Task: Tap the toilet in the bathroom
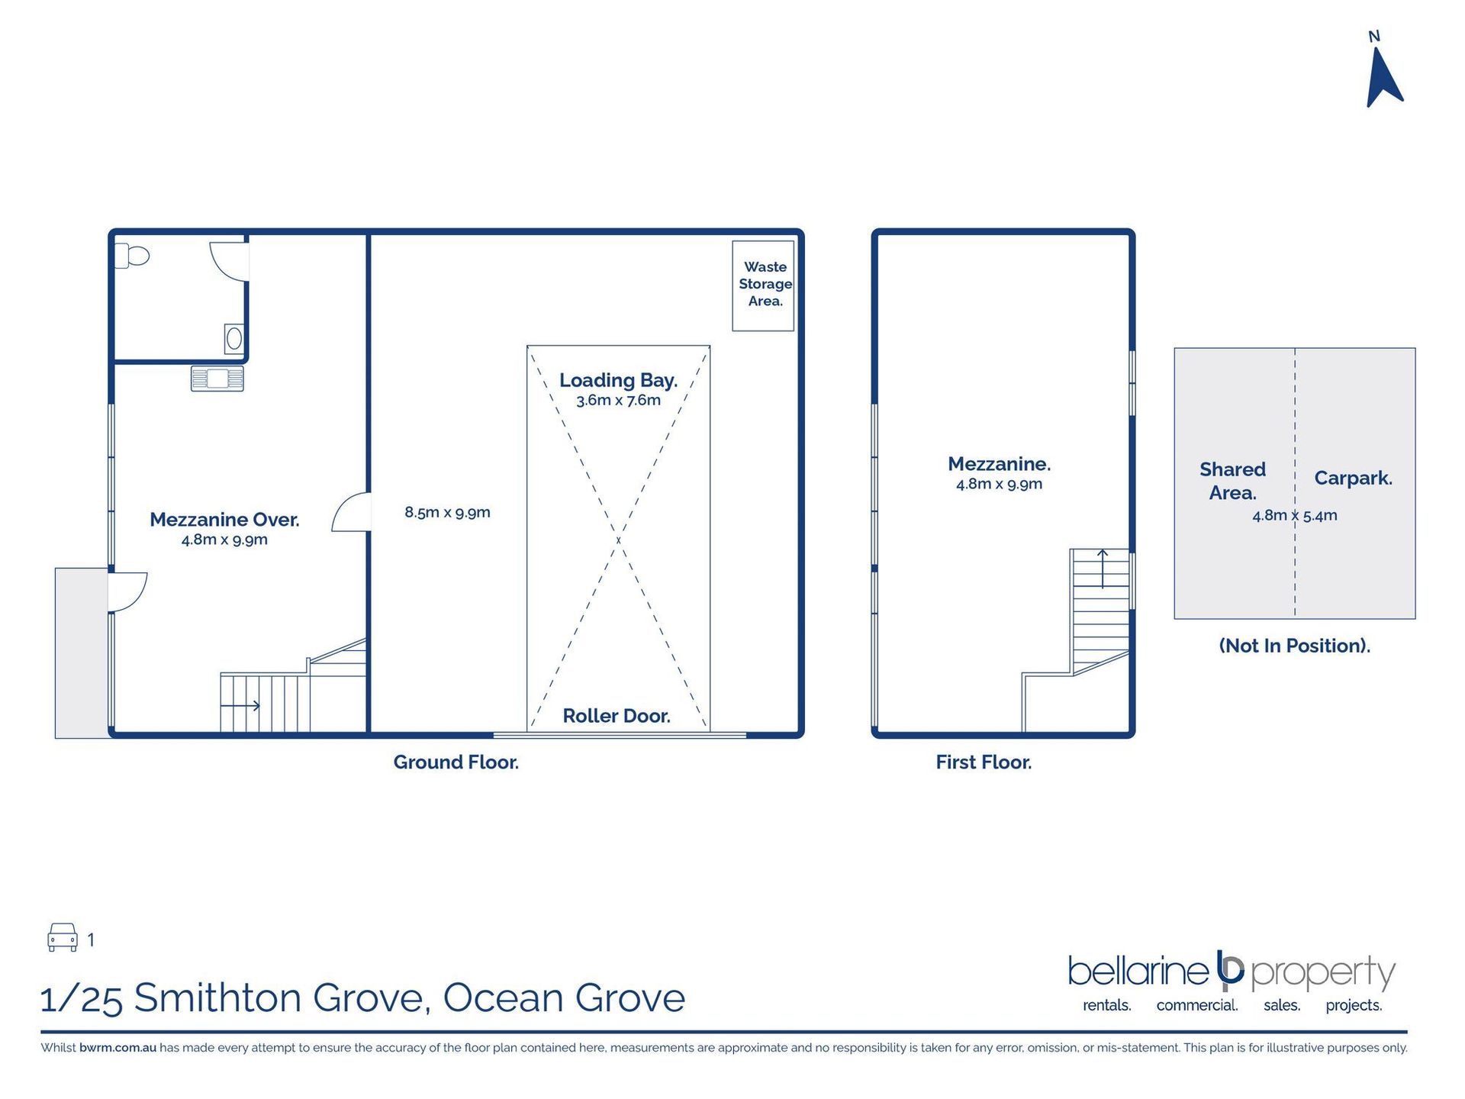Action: click(x=132, y=256)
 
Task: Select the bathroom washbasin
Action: click(x=233, y=338)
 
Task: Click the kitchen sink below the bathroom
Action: click(x=217, y=379)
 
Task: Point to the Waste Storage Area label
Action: click(x=765, y=284)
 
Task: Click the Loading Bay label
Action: click(x=618, y=380)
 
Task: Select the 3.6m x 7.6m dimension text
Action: click(x=618, y=400)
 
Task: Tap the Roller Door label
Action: click(x=617, y=716)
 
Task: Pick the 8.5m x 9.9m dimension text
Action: click(x=447, y=512)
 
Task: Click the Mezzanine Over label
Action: click(x=224, y=520)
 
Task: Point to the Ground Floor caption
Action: click(x=456, y=762)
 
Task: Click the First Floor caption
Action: click(x=984, y=762)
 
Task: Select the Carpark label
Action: click(x=1353, y=479)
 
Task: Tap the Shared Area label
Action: click(x=1232, y=481)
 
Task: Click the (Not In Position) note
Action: click(x=1295, y=646)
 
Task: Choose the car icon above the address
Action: click(x=63, y=937)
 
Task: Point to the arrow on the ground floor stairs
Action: click(x=240, y=705)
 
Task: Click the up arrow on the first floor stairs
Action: click(x=1103, y=569)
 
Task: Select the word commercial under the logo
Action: click(x=1196, y=1005)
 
